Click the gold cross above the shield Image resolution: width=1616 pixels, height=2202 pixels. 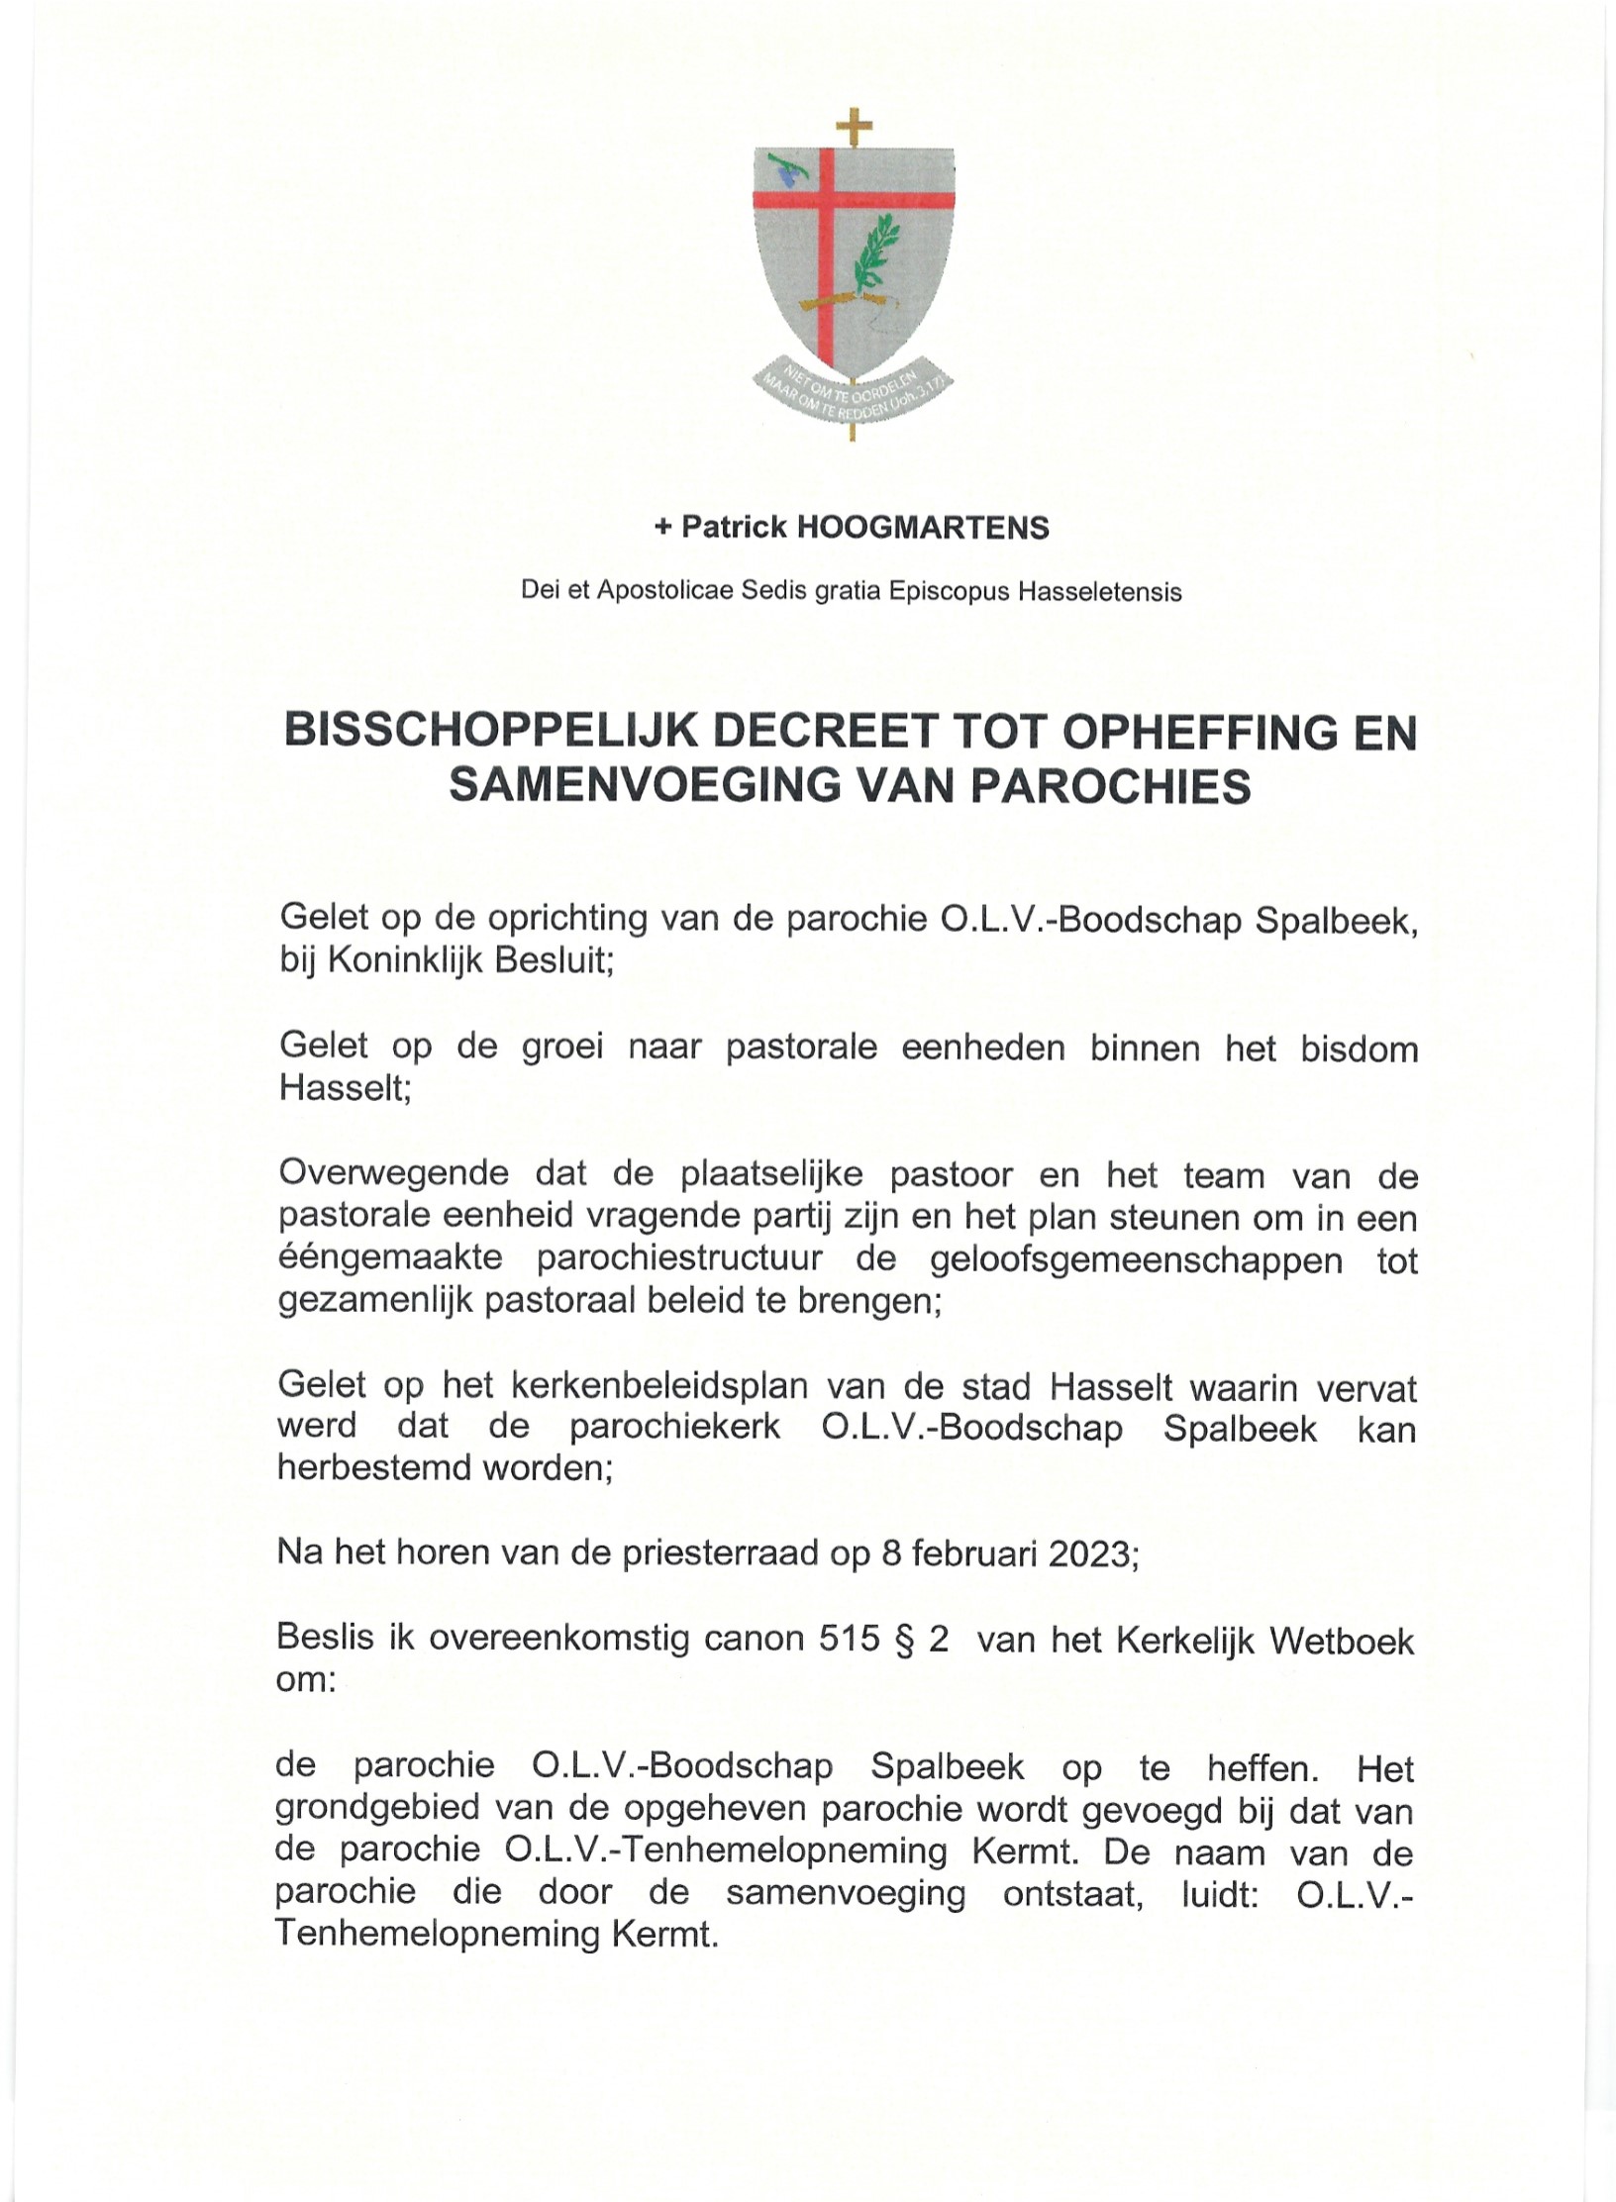(x=854, y=126)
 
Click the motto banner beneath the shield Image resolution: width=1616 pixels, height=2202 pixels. (x=853, y=393)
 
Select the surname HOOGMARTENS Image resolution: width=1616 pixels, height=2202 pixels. (x=923, y=528)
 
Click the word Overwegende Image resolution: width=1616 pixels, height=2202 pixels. (x=393, y=1174)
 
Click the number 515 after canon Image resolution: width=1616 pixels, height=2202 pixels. (x=849, y=1640)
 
